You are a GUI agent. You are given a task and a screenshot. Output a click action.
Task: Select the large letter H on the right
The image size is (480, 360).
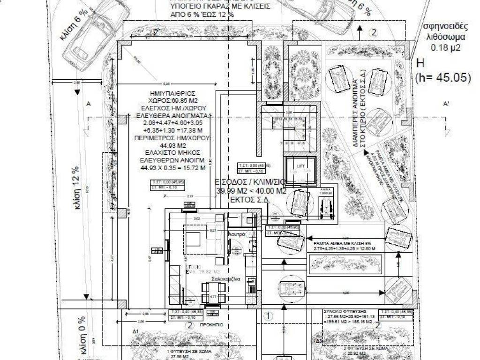(420, 64)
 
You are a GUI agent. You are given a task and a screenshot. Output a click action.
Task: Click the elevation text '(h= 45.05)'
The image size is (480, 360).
(443, 78)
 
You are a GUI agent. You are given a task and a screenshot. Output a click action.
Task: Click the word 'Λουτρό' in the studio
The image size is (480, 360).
(236, 233)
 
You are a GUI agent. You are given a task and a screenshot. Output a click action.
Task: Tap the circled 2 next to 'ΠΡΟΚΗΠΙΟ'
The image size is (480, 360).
(189, 325)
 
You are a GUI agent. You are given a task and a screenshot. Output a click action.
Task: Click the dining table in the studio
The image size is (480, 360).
(213, 292)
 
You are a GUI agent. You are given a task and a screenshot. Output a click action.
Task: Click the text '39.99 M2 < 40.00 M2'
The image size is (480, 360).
(251, 191)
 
